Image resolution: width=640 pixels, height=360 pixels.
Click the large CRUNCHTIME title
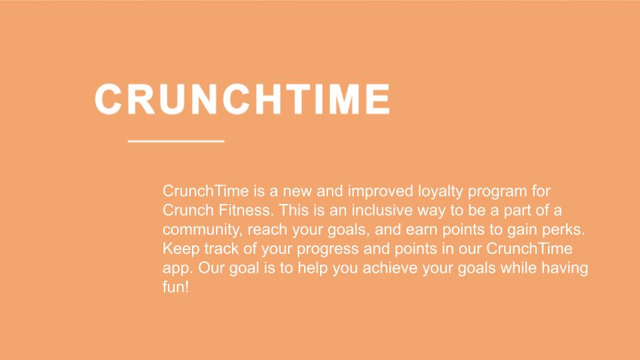click(x=243, y=99)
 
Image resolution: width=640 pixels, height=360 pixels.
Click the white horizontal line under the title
click(x=176, y=141)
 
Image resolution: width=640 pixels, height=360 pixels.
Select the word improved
click(x=381, y=191)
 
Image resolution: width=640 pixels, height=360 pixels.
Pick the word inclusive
click(x=382, y=210)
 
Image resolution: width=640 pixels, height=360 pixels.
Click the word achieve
click(x=390, y=268)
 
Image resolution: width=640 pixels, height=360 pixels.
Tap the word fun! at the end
click(x=176, y=287)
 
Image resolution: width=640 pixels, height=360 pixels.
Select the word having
click(x=565, y=269)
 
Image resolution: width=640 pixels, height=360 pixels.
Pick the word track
click(x=221, y=249)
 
